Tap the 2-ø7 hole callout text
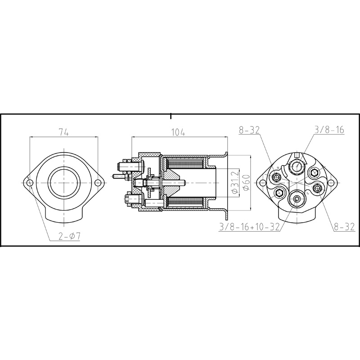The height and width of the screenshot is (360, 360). coord(69,236)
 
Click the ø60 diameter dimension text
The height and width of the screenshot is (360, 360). coord(246,182)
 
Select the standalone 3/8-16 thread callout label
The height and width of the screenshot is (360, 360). coord(329,130)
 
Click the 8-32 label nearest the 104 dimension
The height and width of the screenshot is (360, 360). coord(249,130)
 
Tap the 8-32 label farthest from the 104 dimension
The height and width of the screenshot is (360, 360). coord(344,228)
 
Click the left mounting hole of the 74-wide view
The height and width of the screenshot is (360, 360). coord(30,183)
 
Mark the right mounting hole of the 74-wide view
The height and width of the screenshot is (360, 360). coord(97,183)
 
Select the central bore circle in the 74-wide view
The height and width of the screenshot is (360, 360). coord(63,183)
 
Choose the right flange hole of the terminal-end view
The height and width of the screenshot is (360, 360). coord(331,183)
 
